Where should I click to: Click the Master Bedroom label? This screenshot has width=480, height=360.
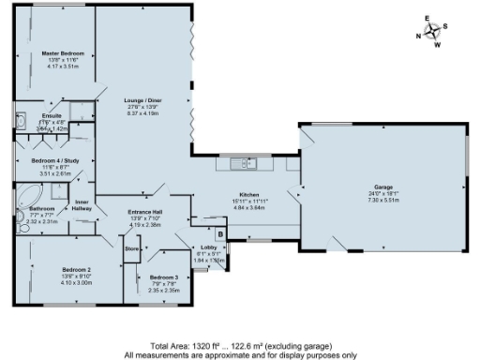click(x=57, y=53)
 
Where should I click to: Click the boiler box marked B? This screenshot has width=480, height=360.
click(x=220, y=233)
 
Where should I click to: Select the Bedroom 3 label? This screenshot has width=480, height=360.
click(x=163, y=277)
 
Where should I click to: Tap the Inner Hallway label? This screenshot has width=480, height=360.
click(x=82, y=204)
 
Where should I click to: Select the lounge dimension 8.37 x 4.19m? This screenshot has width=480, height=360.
click(x=144, y=113)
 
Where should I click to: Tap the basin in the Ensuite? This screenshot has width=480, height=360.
click(x=21, y=121)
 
